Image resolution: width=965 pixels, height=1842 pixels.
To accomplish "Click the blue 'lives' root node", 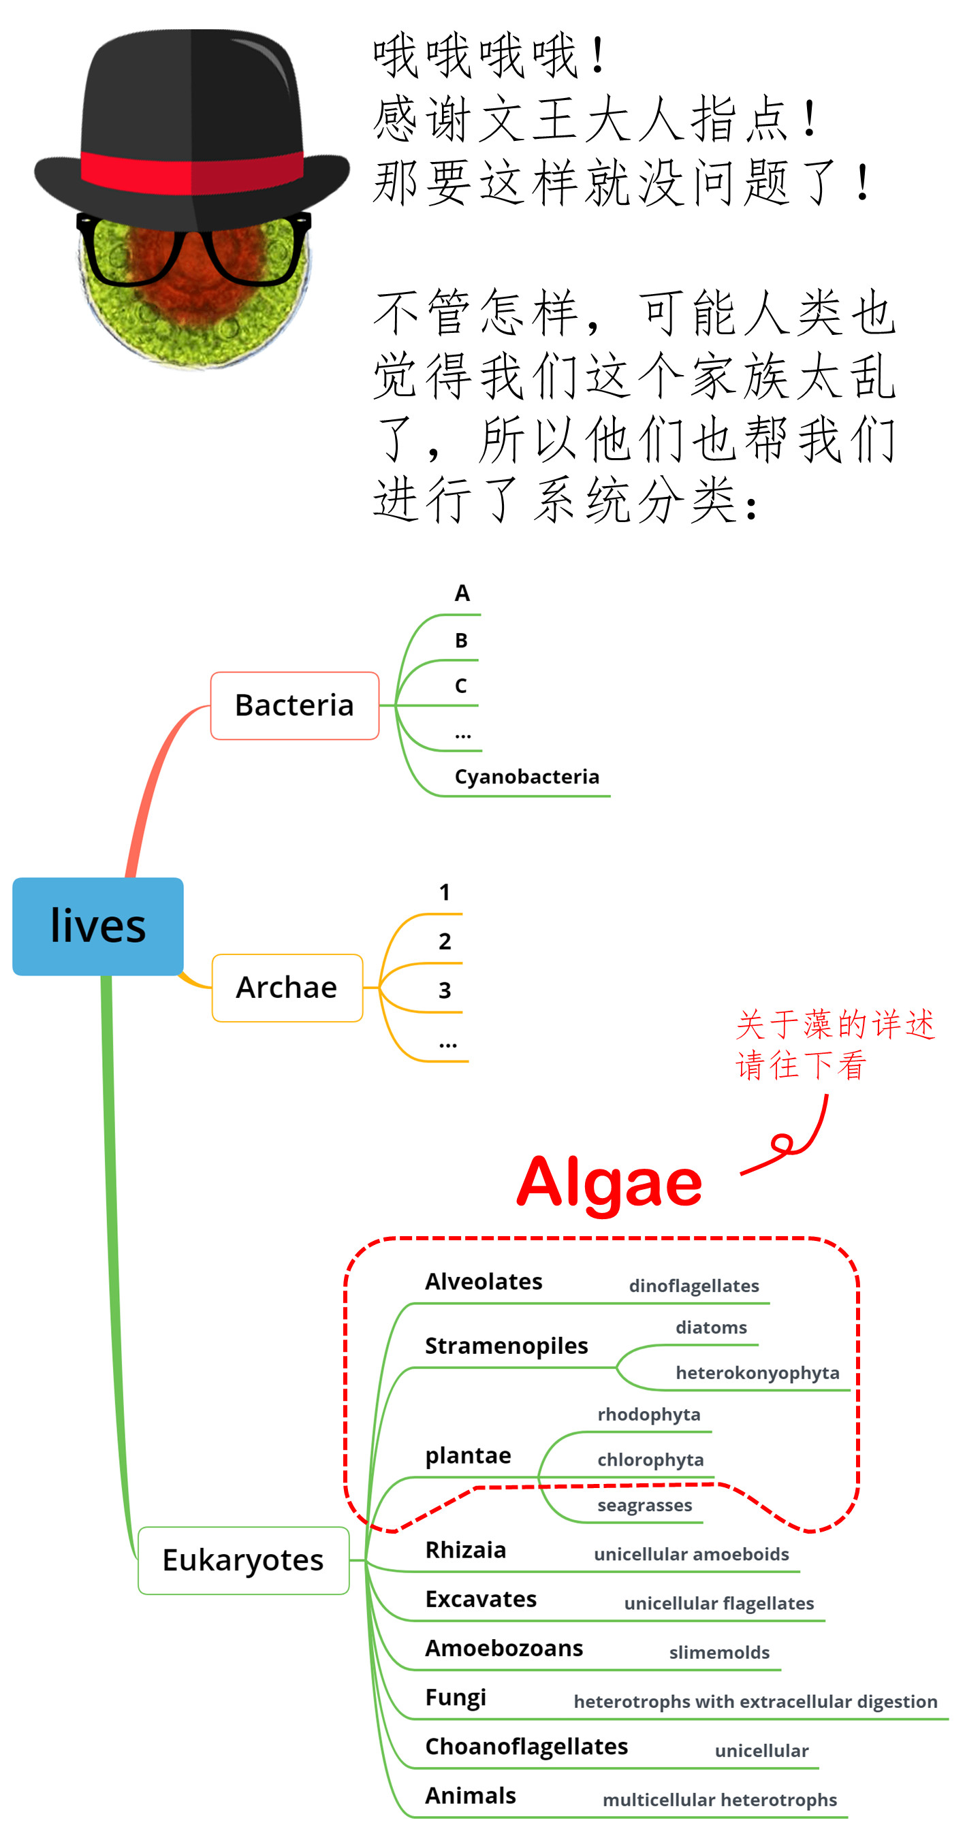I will [x=98, y=926].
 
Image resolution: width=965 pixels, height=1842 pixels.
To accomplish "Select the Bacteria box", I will [x=294, y=705].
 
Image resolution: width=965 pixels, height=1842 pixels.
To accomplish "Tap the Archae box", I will [x=287, y=988].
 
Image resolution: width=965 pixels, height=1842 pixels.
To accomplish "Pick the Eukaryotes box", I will [x=243, y=1560].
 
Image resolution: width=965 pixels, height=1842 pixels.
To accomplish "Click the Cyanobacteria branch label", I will [x=526, y=777].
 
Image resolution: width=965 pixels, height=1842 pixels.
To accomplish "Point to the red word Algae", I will [x=609, y=1182].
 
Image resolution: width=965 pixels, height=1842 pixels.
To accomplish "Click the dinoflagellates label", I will [x=693, y=1286].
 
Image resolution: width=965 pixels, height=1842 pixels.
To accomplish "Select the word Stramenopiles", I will [x=506, y=1346].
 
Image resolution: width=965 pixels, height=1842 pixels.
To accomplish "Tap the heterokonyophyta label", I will [x=757, y=1373].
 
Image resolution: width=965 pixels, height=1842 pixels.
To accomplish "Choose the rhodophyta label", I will [x=648, y=1415].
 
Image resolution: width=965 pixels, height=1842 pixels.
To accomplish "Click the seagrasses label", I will [x=644, y=1505].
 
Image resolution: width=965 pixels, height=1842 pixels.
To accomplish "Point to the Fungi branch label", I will [x=455, y=1698].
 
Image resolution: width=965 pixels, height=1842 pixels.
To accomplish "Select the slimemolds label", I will [x=718, y=1653].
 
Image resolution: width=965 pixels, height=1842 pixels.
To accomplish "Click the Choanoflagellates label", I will [x=526, y=1746].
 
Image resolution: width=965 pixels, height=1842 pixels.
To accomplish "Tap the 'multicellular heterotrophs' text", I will [x=719, y=1800].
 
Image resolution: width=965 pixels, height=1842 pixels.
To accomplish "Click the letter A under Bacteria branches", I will [x=462, y=594].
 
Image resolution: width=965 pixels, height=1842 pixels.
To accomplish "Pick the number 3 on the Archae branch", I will [x=444, y=990].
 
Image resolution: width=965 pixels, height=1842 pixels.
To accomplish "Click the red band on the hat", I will [x=192, y=172].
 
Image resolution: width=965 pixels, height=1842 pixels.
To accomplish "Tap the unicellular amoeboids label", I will [x=691, y=1554].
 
